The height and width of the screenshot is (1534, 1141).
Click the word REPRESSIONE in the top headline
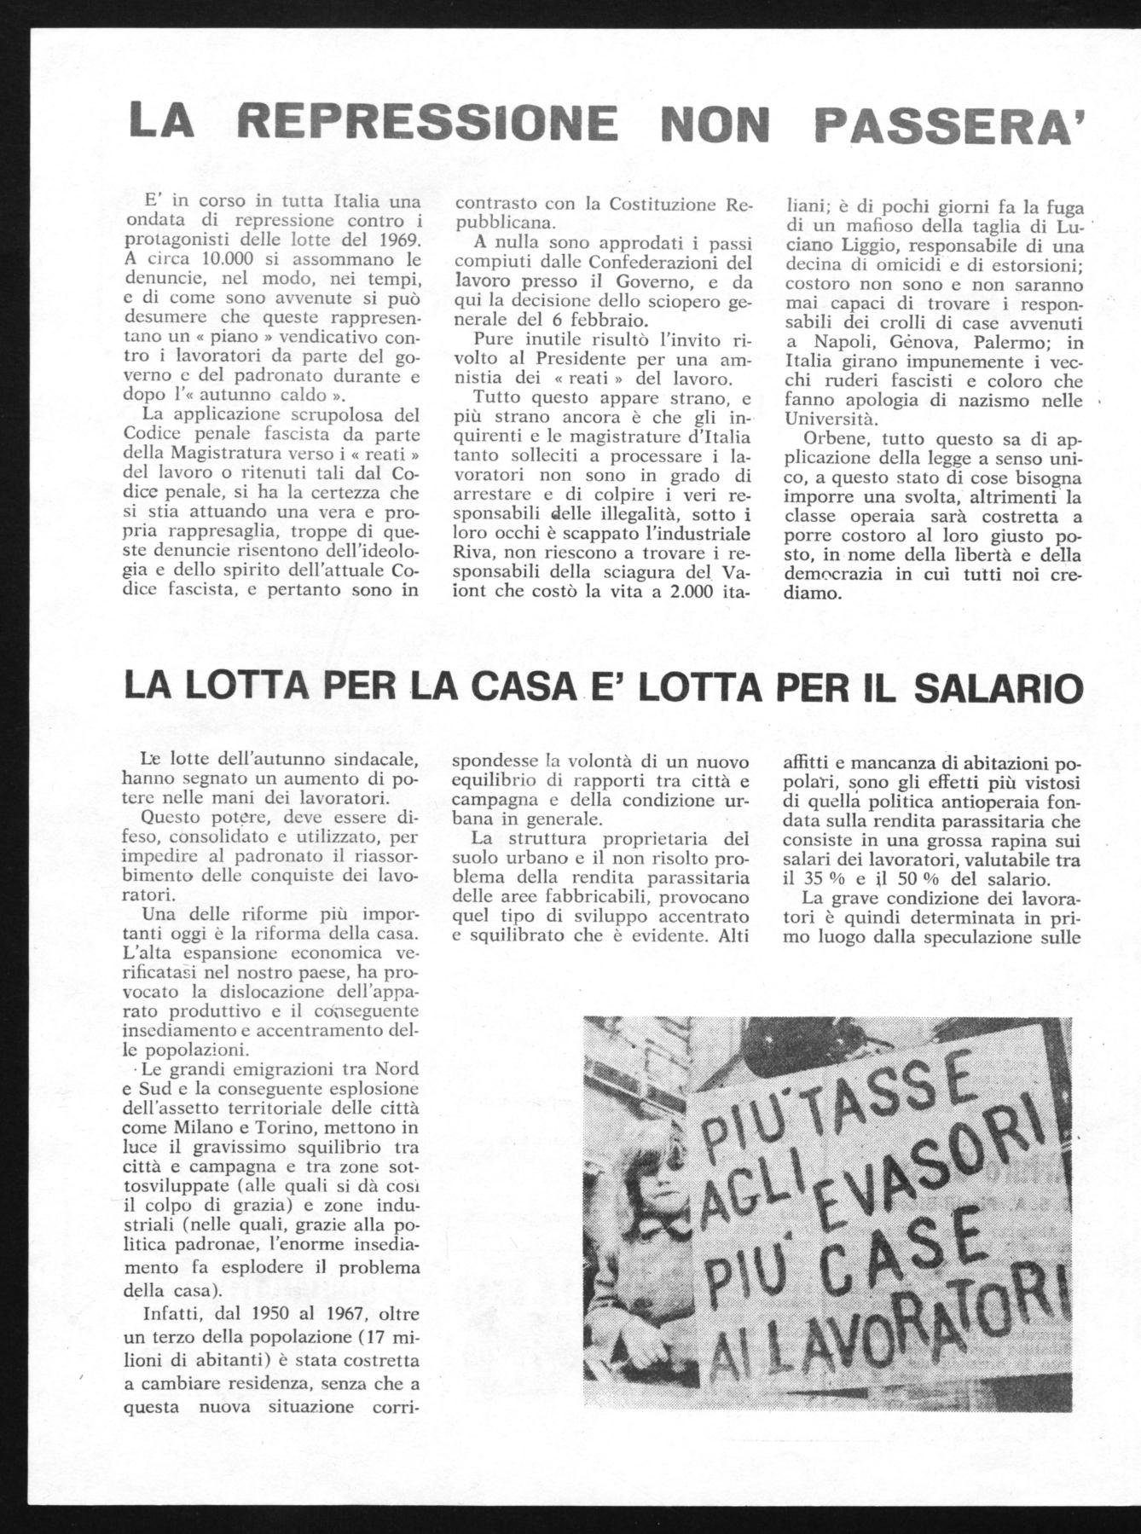click(427, 121)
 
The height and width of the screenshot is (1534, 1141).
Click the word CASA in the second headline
click(525, 688)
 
